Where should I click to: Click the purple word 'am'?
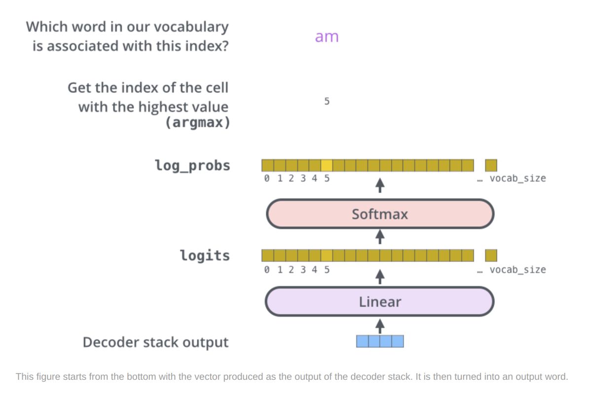[x=327, y=37]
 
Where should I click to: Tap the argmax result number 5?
[x=327, y=102]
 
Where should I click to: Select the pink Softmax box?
[x=380, y=214]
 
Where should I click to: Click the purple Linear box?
[x=380, y=301]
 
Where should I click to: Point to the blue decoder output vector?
[x=380, y=341]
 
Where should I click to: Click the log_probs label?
[x=192, y=165]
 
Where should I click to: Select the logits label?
[x=205, y=255]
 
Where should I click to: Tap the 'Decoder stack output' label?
[x=155, y=342]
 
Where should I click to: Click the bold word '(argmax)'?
[x=197, y=123]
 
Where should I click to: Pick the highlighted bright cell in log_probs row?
[x=327, y=165]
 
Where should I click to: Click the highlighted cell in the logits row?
[x=327, y=255]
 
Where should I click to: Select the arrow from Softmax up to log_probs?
[x=380, y=186]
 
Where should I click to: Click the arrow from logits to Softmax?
[x=380, y=237]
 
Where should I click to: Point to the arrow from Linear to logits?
[x=380, y=276]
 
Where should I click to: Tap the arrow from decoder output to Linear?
[x=380, y=325]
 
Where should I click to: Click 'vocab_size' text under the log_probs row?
[x=518, y=179]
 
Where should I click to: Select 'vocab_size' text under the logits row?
[x=518, y=270]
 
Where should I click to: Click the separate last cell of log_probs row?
[x=491, y=165]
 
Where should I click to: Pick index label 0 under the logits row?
[x=267, y=270]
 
